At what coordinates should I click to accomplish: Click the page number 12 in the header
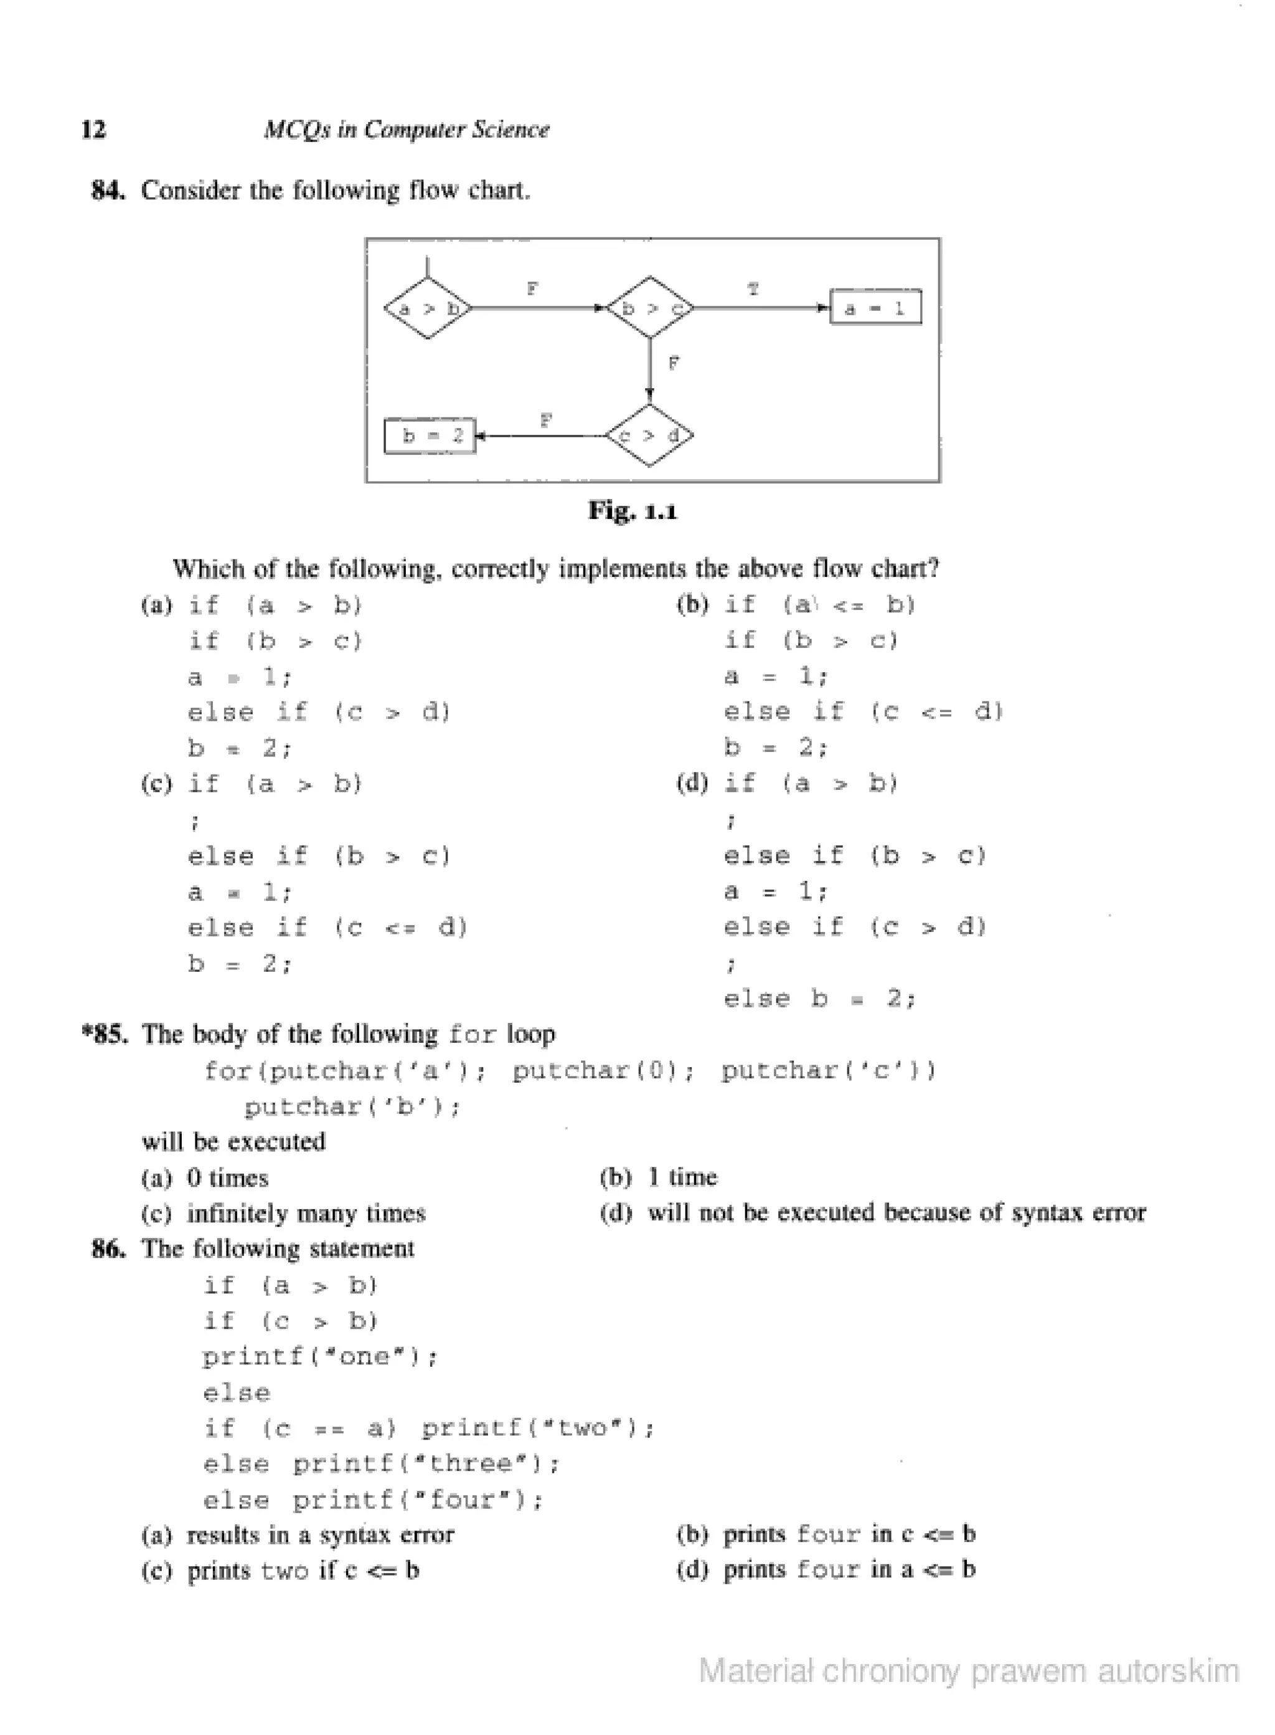tap(93, 130)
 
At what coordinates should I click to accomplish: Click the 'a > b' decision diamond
tap(428, 309)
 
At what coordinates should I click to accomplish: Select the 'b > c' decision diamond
tap(650, 308)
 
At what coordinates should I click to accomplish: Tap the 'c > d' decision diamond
tap(650, 435)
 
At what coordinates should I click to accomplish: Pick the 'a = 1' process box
tap(875, 308)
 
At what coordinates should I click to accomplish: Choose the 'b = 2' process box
tap(430, 436)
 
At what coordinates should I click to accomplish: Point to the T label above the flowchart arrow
tap(753, 290)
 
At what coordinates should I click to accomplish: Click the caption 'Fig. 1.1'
tap(632, 511)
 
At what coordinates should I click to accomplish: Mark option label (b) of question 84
tap(692, 604)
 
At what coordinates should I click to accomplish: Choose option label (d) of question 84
tap(692, 784)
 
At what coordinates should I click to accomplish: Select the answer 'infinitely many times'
tap(306, 1213)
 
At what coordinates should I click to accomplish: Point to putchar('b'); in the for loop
tap(352, 1107)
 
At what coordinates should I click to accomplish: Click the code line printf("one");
tap(320, 1357)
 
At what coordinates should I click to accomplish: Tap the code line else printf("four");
tap(374, 1500)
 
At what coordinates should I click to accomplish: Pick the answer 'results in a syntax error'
tap(320, 1535)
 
